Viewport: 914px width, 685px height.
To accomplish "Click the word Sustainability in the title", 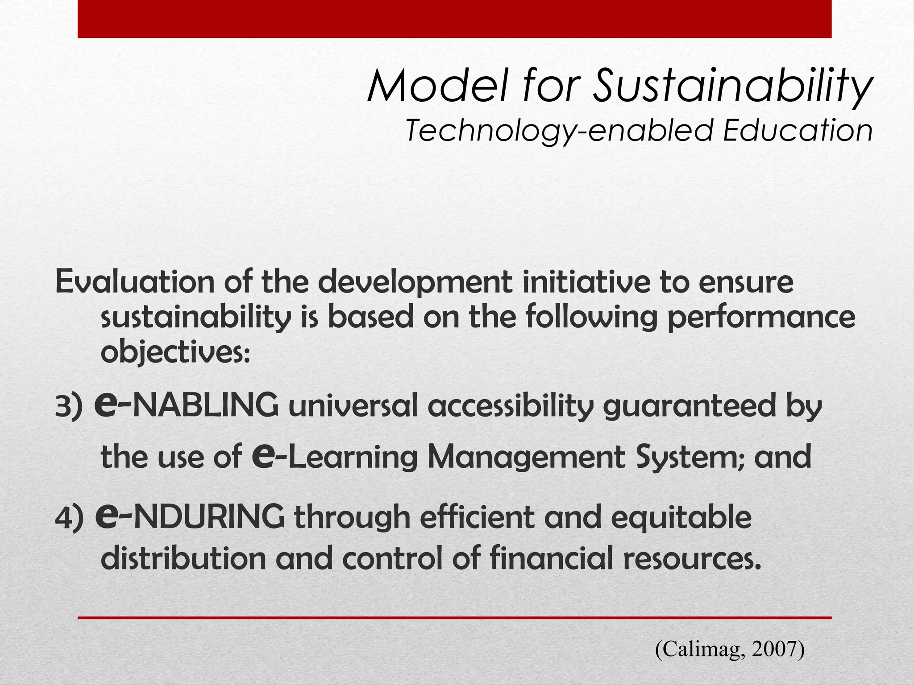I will [x=732, y=86].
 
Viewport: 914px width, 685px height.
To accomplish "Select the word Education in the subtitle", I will [x=798, y=131].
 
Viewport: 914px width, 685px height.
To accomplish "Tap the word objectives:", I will [x=175, y=353].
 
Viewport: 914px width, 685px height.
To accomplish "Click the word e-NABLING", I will [x=187, y=405].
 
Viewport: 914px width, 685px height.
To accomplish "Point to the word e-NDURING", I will [x=190, y=516].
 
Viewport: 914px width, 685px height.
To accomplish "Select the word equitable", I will [x=681, y=517].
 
